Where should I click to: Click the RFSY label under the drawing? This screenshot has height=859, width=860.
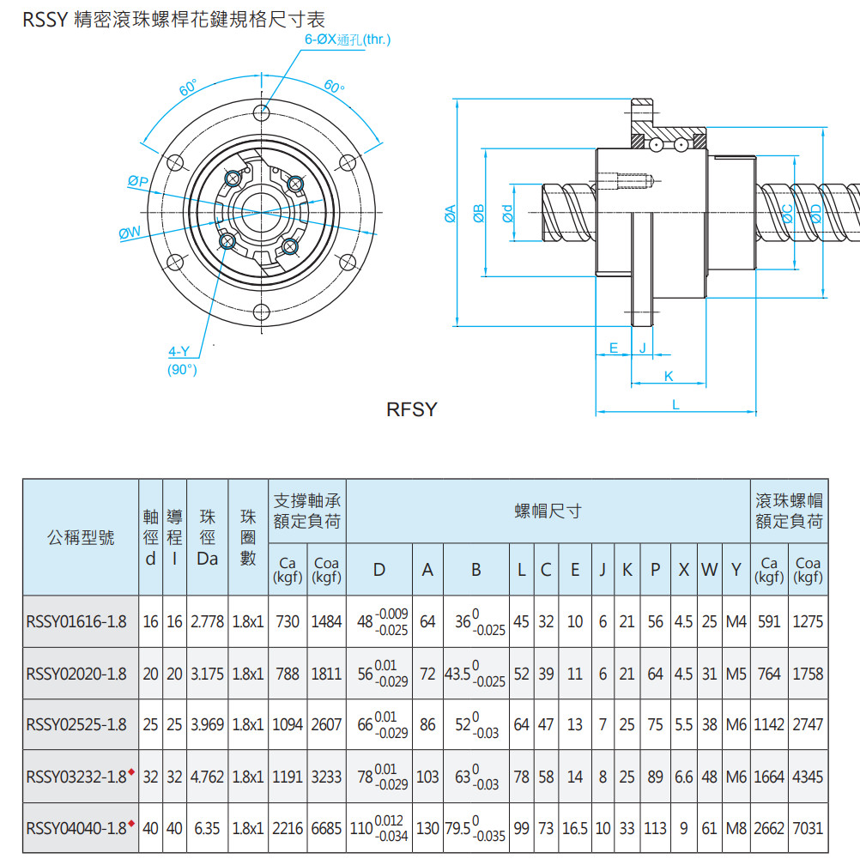tap(412, 410)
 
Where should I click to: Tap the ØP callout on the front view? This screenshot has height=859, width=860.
tap(137, 181)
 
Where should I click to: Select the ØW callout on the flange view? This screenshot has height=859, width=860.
tap(130, 233)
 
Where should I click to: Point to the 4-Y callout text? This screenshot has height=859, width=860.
tap(179, 352)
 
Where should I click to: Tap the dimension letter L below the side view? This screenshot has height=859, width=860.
tap(675, 404)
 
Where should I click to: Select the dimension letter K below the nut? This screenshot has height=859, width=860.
tap(669, 376)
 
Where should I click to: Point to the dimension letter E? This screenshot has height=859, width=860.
tap(613, 348)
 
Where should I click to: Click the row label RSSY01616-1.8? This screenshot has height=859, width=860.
tap(76, 621)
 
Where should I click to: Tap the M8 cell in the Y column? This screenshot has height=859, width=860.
tap(736, 828)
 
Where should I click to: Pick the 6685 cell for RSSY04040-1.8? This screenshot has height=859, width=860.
tap(326, 828)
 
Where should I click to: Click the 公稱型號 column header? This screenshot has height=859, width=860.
tap(80, 538)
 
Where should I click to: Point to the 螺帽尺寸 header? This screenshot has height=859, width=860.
tap(548, 511)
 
